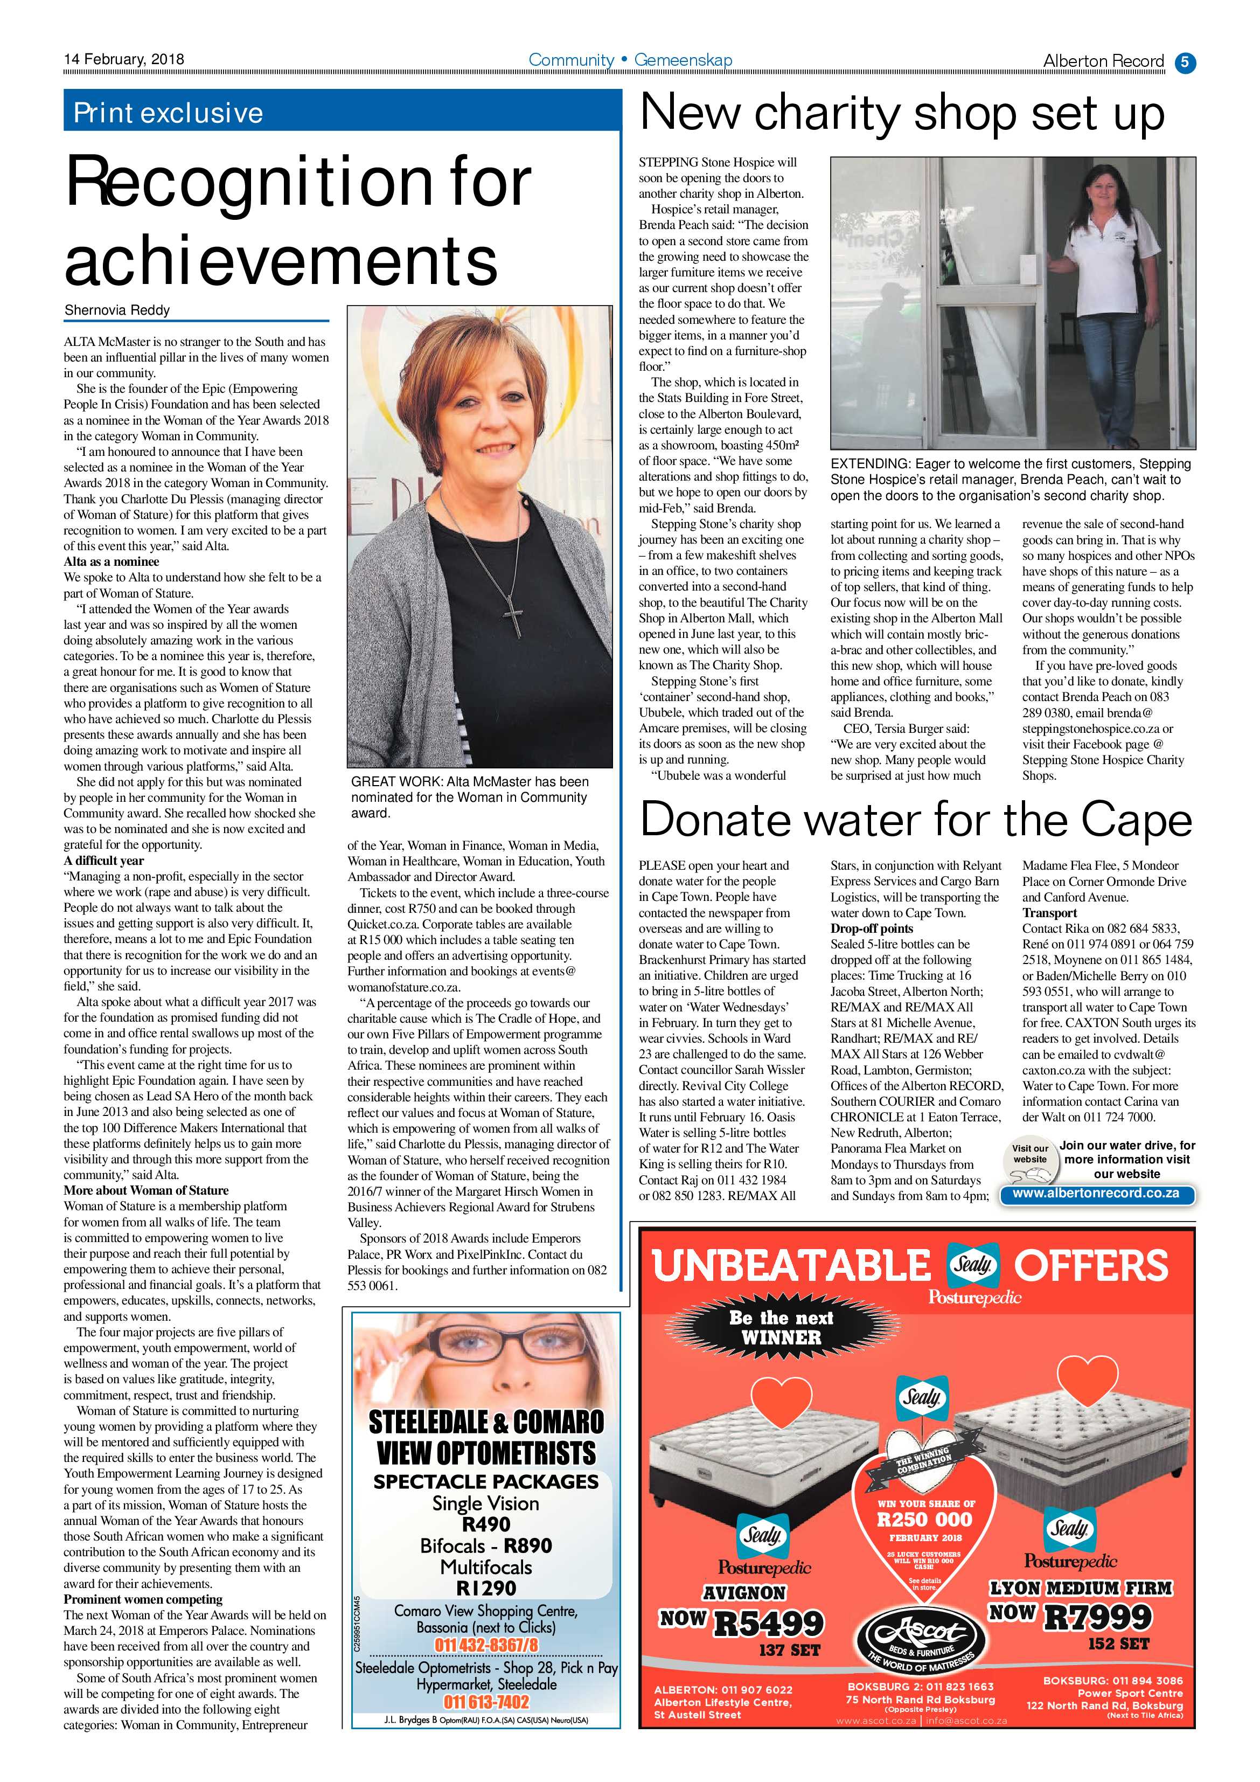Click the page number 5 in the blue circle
1185,62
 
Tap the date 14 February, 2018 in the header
124,59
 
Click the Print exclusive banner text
169,113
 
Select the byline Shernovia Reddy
117,310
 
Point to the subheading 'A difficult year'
103,860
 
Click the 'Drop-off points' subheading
871,928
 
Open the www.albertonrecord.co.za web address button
1096,1194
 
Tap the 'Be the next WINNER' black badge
781,1327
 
